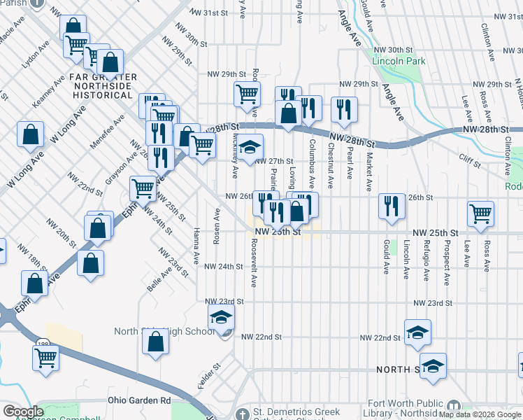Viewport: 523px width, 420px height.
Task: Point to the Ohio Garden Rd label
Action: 139,400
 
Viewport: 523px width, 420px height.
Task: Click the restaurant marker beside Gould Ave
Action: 391,205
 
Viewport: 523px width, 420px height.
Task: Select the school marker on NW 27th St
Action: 249,147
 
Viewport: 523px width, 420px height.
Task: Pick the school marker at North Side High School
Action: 222,319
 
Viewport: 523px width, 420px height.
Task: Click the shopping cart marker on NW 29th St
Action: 247,93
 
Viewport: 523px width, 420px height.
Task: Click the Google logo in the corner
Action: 23,412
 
